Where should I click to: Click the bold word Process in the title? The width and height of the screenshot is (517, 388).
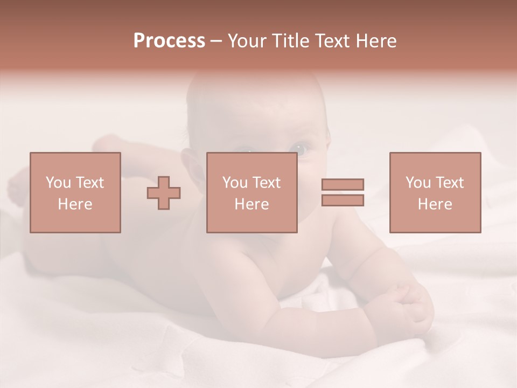tap(169, 41)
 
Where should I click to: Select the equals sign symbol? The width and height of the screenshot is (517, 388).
tap(343, 192)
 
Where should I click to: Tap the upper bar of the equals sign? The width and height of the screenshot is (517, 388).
tap(343, 185)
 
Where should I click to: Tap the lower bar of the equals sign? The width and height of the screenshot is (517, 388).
tap(343, 200)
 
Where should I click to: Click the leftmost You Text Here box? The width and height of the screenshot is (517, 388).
tap(75, 192)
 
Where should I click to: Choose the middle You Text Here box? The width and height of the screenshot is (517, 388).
tap(251, 192)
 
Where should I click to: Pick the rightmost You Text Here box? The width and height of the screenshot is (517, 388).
tap(435, 192)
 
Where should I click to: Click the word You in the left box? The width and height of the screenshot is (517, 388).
tap(57, 183)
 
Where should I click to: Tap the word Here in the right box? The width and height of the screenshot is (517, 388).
tap(435, 204)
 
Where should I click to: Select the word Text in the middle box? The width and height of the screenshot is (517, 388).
tap(266, 183)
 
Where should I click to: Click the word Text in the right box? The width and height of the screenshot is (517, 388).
tap(449, 183)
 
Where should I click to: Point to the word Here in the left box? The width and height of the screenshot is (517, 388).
tap(75, 204)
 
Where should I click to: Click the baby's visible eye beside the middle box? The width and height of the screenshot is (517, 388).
tap(302, 147)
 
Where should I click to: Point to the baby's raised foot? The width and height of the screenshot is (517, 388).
tap(110, 143)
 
